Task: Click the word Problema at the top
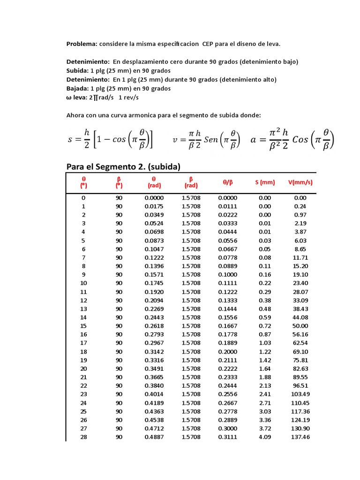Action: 82,44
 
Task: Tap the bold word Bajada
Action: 77,88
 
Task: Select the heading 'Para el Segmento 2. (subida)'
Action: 123,166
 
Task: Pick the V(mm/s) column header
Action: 300,182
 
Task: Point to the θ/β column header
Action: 228,182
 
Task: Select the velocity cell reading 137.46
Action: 300,437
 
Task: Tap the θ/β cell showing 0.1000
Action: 228,275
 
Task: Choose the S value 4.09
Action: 265,437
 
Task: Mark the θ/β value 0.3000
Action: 228,428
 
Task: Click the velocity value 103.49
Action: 300,394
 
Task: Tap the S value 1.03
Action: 265,343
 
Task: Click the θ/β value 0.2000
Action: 228,352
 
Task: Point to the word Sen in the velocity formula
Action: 211,140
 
